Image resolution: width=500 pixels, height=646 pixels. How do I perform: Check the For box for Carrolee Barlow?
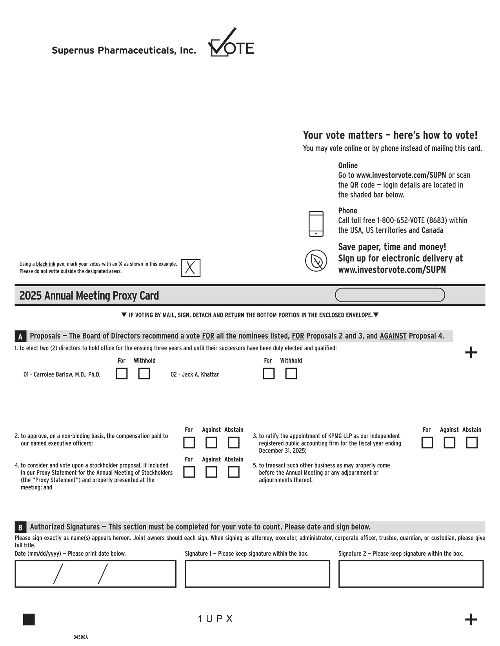tap(122, 374)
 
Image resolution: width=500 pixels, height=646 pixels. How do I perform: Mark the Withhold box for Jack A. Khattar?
tap(291, 374)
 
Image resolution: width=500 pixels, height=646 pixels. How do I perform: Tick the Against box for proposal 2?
tap(211, 442)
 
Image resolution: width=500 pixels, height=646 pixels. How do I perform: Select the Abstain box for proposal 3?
tap(471, 442)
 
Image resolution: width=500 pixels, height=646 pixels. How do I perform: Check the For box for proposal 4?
tap(189, 472)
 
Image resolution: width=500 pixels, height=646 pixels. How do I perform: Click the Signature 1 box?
tap(257, 574)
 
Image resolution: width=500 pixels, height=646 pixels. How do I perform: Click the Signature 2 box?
tap(411, 574)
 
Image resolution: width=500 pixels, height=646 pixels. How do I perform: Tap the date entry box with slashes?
tap(95, 574)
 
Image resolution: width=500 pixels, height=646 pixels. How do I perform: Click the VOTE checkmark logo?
tap(231, 43)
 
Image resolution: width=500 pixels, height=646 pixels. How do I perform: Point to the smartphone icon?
tap(316, 224)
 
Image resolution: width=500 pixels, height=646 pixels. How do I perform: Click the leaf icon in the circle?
tap(316, 260)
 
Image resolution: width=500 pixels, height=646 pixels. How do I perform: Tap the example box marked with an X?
tap(191, 268)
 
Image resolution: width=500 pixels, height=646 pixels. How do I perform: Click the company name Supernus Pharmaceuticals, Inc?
tap(124, 50)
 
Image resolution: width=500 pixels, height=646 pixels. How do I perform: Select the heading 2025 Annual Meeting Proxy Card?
tap(89, 295)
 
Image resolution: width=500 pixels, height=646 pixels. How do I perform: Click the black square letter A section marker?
tap(20, 336)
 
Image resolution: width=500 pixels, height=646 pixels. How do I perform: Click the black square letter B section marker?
tap(20, 527)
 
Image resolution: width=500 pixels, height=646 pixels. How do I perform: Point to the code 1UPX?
tap(215, 619)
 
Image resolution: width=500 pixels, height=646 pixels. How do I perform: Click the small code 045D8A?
tap(80, 637)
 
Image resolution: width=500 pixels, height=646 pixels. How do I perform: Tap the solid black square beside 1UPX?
tap(29, 619)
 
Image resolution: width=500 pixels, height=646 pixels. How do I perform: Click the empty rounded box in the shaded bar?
tap(390, 295)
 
